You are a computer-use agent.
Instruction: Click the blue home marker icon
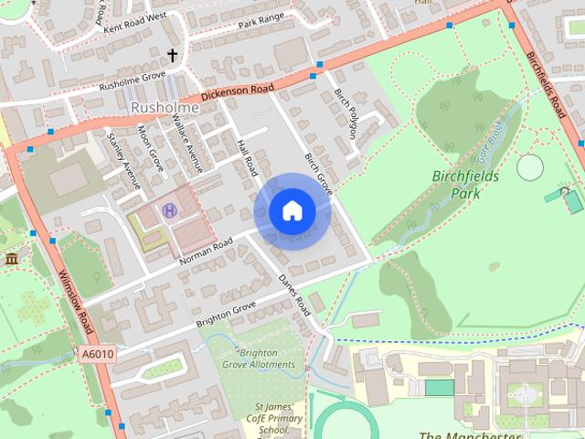click(x=292, y=211)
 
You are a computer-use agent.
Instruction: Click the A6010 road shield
click(x=97, y=354)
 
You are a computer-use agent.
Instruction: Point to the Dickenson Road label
click(x=237, y=93)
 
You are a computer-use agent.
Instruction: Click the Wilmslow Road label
click(x=75, y=301)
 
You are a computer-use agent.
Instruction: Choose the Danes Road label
click(x=295, y=294)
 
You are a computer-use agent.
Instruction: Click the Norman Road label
click(x=210, y=247)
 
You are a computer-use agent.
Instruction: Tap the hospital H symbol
click(x=169, y=210)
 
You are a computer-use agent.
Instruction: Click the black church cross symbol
click(x=172, y=56)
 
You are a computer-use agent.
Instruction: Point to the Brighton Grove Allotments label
click(x=259, y=358)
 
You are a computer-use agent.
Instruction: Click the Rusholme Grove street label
click(x=132, y=81)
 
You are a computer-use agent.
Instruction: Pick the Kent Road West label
click(x=135, y=23)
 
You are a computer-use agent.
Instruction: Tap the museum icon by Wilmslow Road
click(x=11, y=260)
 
